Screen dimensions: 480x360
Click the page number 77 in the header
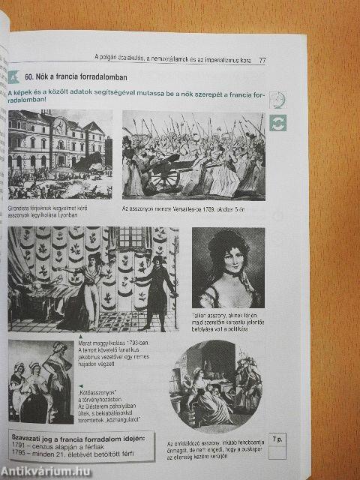pos(263,60)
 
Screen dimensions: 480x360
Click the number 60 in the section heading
pos(30,77)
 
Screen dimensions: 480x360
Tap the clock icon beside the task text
pos(277,100)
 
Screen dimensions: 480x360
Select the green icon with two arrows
pos(277,122)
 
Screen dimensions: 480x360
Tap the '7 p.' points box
pos(278,441)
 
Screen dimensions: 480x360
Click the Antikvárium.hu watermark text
pos(45,470)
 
